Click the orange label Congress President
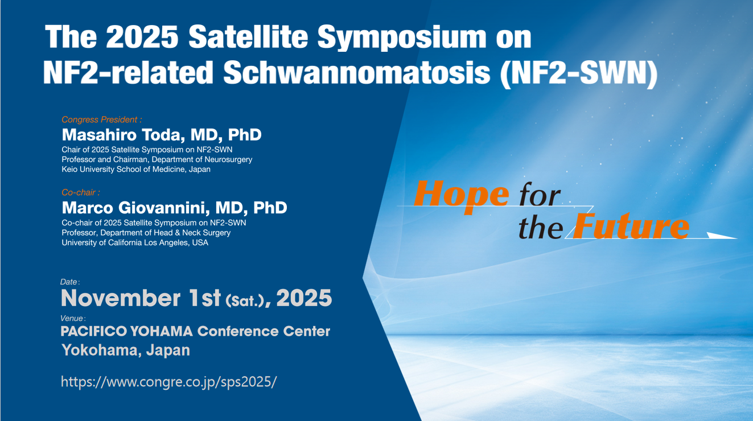(101, 119)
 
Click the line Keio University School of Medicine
(136, 170)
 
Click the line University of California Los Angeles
(135, 242)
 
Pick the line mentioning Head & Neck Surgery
(146, 233)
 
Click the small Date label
(69, 282)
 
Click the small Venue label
(72, 319)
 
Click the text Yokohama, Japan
(125, 350)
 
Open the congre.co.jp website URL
(168, 381)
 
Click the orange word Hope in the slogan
(462, 195)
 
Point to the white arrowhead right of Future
(722, 236)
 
